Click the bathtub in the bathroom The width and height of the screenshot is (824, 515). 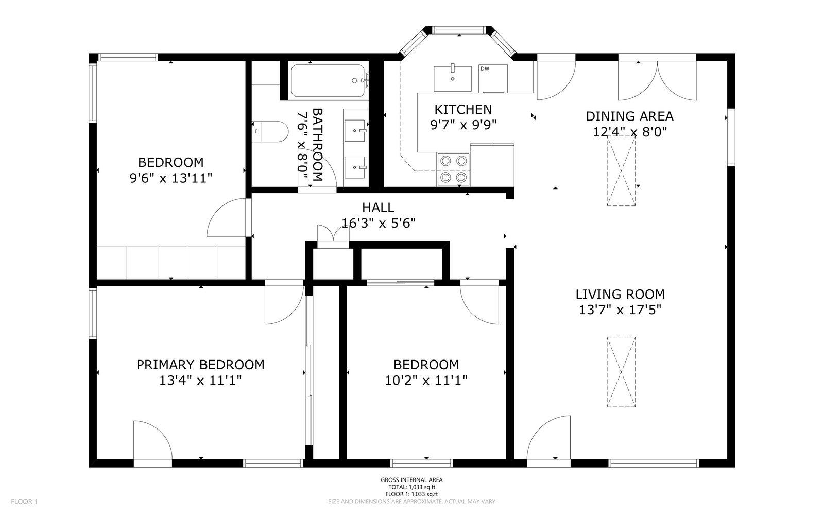[328, 81]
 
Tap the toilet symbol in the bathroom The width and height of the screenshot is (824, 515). [272, 131]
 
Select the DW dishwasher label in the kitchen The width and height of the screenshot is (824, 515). [485, 68]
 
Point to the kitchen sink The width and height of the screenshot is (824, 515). [452, 78]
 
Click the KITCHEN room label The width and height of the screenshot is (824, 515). [463, 109]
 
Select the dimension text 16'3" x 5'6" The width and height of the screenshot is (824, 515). [379, 223]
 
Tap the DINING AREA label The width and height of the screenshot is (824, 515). [629, 116]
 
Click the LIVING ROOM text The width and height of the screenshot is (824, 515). [620, 295]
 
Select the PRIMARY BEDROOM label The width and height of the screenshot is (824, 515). [200, 365]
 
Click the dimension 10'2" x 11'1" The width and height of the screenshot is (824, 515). [426, 381]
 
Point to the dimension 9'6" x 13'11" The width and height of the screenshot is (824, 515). [170, 178]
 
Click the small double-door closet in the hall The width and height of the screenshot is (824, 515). [333, 235]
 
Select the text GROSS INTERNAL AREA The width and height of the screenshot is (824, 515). [411, 480]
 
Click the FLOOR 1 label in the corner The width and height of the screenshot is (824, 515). [24, 501]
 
